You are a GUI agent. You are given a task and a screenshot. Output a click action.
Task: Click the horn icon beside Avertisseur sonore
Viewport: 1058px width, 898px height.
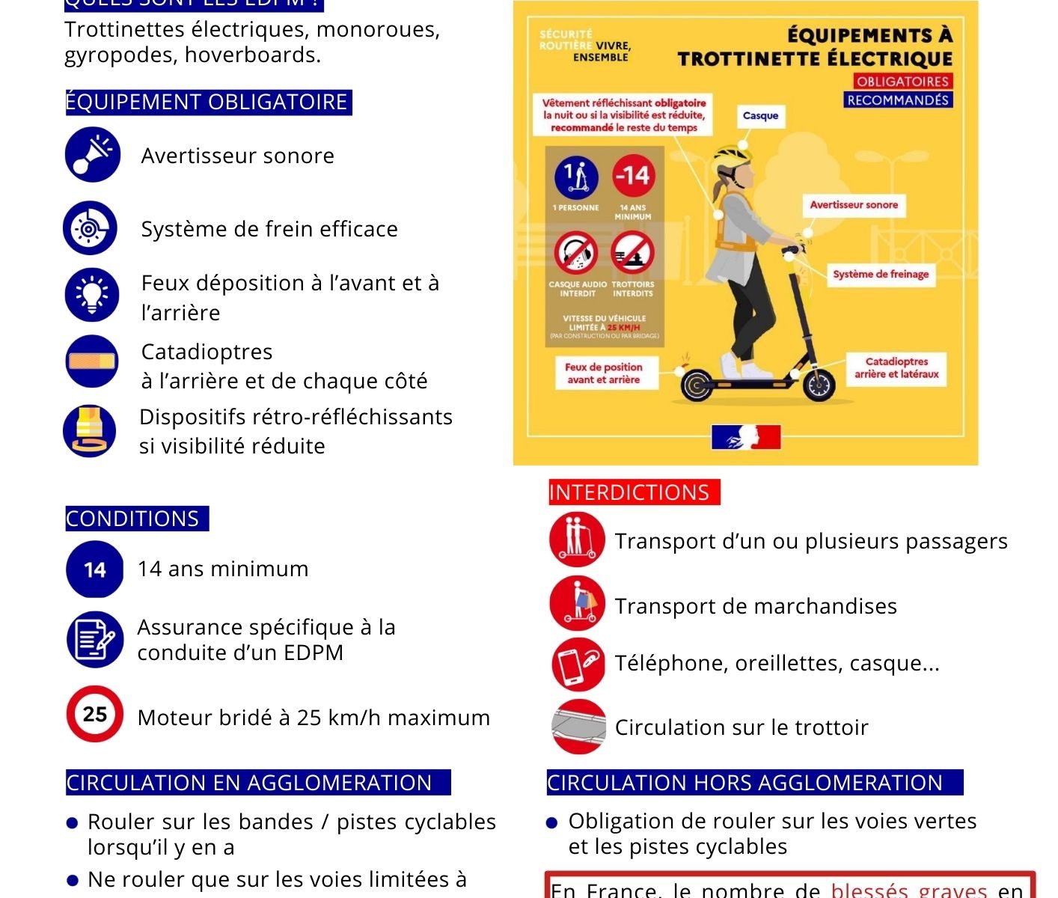(x=92, y=155)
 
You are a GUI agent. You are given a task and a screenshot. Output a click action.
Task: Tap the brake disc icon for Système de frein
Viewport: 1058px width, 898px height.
(x=90, y=228)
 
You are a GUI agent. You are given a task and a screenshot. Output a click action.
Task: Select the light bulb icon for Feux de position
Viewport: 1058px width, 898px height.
(x=91, y=295)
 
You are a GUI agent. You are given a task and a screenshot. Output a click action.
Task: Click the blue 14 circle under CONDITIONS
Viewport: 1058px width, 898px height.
(x=94, y=569)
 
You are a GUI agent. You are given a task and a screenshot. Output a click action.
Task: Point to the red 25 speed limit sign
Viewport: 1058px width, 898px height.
(x=94, y=714)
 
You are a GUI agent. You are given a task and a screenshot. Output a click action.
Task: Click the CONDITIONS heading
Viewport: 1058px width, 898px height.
(x=133, y=519)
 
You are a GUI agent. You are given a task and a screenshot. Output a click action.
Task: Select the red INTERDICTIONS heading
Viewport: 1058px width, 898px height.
(x=630, y=492)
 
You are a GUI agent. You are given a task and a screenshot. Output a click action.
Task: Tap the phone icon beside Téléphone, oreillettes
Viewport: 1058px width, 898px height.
(x=578, y=664)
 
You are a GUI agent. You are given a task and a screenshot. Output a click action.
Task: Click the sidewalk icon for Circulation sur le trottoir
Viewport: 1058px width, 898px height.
(x=578, y=727)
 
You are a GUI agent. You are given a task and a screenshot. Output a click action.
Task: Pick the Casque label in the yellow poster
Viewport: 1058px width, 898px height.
(x=760, y=115)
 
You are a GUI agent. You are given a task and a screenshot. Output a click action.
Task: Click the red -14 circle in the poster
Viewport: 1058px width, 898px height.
(x=633, y=176)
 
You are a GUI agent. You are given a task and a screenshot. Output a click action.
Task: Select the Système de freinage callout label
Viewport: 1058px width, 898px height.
(x=881, y=274)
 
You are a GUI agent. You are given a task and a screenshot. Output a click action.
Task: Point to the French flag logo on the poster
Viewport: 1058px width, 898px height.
(x=745, y=437)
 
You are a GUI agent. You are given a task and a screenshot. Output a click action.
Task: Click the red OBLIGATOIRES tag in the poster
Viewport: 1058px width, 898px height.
(x=902, y=82)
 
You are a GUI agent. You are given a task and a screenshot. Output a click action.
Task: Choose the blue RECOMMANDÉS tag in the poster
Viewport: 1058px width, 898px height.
(x=898, y=100)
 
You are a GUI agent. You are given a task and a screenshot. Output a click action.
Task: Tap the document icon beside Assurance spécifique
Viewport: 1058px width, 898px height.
(x=94, y=640)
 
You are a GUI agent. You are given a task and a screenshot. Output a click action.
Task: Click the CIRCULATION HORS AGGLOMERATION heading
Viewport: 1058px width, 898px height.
(x=745, y=783)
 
